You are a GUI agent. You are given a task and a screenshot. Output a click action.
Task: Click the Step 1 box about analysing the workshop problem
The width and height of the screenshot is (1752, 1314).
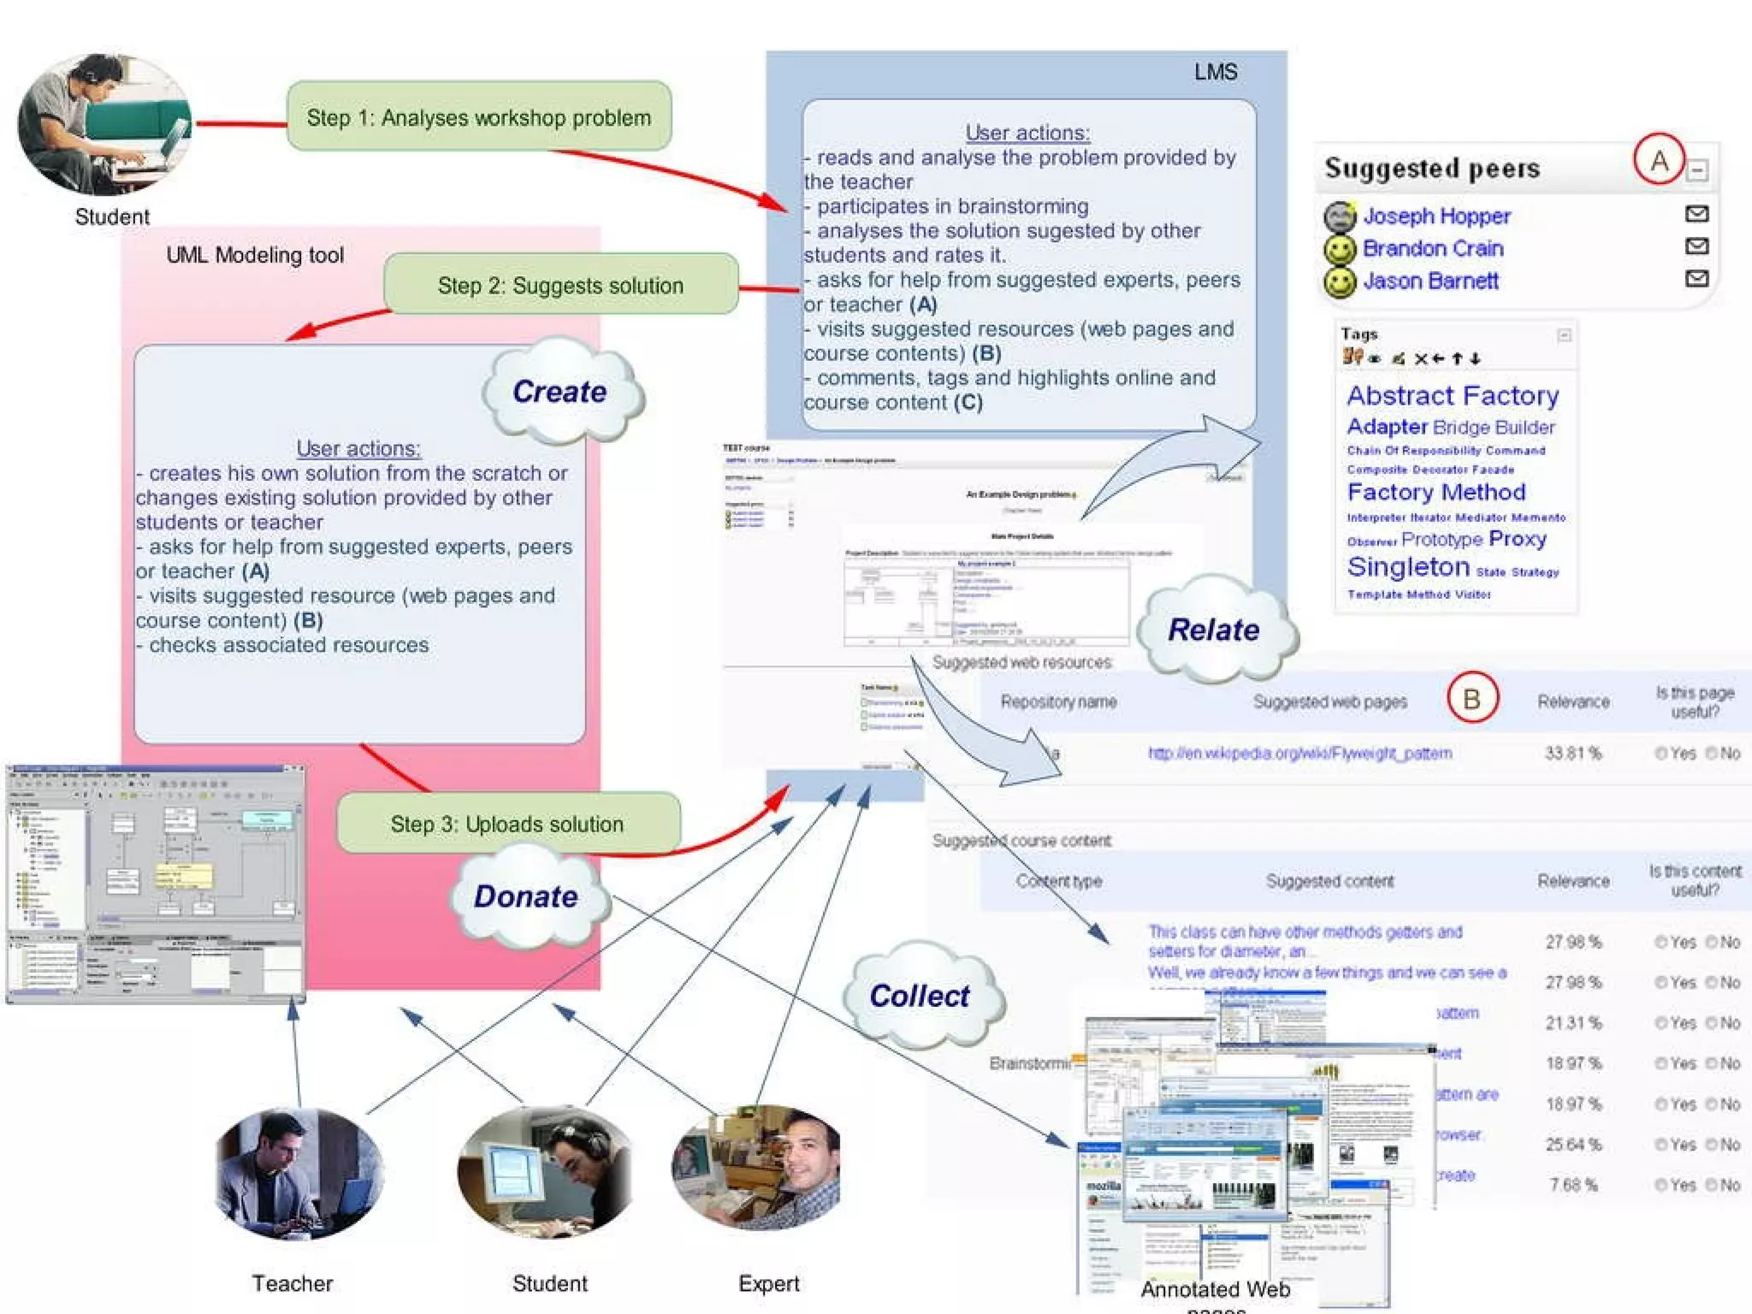pos(479,117)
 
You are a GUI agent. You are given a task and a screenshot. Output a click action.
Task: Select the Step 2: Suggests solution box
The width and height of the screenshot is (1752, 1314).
pos(560,285)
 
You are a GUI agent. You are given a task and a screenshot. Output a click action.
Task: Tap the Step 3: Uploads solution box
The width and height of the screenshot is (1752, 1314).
pos(507,823)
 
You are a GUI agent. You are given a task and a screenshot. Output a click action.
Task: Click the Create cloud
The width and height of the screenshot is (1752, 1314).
pos(560,392)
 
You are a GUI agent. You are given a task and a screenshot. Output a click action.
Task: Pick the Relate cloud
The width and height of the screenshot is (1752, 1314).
pos(1213,630)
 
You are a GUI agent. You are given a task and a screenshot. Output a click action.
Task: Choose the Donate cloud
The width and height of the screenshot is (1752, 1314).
pos(526,896)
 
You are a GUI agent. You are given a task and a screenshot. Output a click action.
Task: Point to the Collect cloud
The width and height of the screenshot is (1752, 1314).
pos(920,996)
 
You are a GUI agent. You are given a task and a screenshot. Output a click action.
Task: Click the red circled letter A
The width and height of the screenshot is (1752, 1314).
pos(1659,160)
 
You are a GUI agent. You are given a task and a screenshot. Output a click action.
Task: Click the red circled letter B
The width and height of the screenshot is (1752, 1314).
pos(1471,698)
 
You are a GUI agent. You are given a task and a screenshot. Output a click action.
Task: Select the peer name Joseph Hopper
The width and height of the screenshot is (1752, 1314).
pos(1436,216)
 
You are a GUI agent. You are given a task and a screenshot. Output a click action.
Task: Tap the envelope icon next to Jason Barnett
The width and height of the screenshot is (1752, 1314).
pos(1696,279)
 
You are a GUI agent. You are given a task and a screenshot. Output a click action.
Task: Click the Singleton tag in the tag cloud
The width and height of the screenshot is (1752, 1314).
pos(1408,566)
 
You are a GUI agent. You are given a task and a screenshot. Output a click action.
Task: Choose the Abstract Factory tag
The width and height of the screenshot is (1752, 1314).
pos(1453,395)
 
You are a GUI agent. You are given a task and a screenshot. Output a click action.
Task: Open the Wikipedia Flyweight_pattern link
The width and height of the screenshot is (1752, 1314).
pos(1299,753)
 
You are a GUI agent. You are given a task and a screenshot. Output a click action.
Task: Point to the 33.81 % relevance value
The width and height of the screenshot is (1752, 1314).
pos(1572,753)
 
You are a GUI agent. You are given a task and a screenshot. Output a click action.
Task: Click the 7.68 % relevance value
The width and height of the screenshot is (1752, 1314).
pos(1572,1185)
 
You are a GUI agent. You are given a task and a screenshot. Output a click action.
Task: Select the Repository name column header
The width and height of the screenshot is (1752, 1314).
pos(1058,701)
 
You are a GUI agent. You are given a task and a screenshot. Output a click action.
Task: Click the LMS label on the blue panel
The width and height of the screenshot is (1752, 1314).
pos(1215,72)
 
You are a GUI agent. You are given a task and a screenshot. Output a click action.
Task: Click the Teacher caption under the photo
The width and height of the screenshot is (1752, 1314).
pos(292,1283)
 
